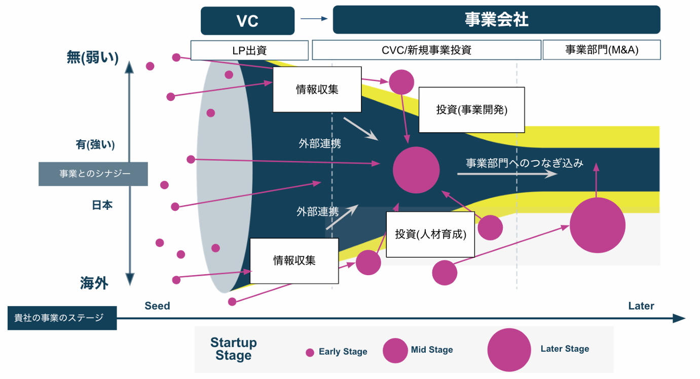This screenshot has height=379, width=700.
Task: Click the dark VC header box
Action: click(247, 21)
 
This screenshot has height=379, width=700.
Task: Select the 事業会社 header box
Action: click(496, 20)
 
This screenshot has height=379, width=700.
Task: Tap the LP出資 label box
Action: click(249, 50)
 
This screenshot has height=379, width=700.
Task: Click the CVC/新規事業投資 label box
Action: click(426, 50)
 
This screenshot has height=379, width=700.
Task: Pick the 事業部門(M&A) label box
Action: click(601, 50)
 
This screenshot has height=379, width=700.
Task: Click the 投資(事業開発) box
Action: click(471, 110)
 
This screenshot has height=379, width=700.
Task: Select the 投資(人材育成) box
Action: click(430, 234)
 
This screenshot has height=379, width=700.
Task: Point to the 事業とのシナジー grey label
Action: click(93, 174)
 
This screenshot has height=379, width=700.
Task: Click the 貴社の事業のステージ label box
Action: click(62, 318)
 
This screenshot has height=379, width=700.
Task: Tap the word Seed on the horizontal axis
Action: click(157, 306)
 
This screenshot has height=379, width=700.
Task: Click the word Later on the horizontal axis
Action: click(641, 306)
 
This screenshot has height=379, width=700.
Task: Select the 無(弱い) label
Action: click(93, 58)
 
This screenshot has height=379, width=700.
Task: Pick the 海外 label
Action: click(94, 283)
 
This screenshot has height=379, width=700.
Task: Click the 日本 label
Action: click(102, 205)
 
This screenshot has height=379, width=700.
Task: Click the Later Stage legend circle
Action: click(509, 350)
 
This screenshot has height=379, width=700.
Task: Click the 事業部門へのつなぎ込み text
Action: click(525, 163)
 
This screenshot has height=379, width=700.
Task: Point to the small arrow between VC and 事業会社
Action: click(314, 19)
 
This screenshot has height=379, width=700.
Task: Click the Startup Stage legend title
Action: click(234, 349)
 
